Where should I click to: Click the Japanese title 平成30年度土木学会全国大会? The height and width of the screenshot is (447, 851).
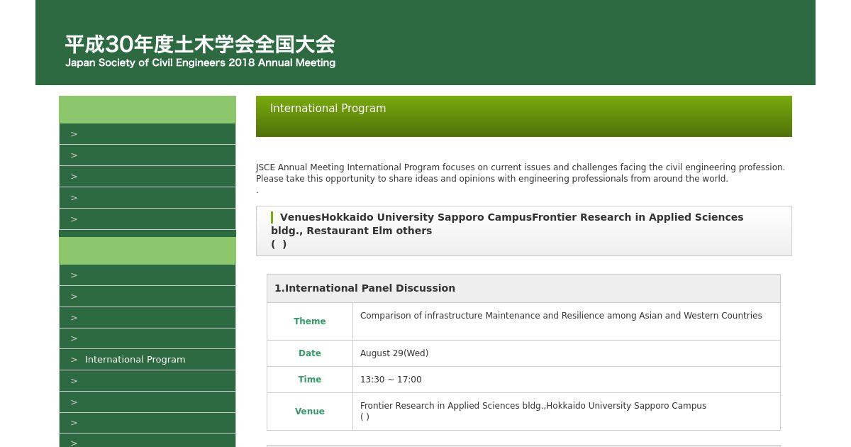pos(200,44)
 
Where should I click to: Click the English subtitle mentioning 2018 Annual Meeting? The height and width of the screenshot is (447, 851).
pos(200,62)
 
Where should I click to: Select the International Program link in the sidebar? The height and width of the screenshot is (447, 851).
pos(135,360)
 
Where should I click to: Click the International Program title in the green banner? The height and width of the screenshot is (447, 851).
pos(328,109)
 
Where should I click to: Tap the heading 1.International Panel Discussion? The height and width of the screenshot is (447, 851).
pos(365,288)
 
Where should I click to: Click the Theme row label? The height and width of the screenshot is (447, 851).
pos(310,321)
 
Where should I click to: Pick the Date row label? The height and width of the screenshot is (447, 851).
pos(310,353)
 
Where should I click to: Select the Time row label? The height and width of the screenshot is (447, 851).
pos(310,380)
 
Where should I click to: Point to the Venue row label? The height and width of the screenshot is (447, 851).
pos(310,412)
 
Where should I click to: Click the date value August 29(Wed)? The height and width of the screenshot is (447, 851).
pos(394,353)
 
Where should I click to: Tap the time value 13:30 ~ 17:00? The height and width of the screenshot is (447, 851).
pos(391,380)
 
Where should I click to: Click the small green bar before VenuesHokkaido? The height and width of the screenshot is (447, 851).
pos(272,217)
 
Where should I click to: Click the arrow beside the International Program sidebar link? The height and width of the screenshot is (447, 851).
pos(74,360)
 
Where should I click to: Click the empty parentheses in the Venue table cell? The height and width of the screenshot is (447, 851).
pos(365,416)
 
